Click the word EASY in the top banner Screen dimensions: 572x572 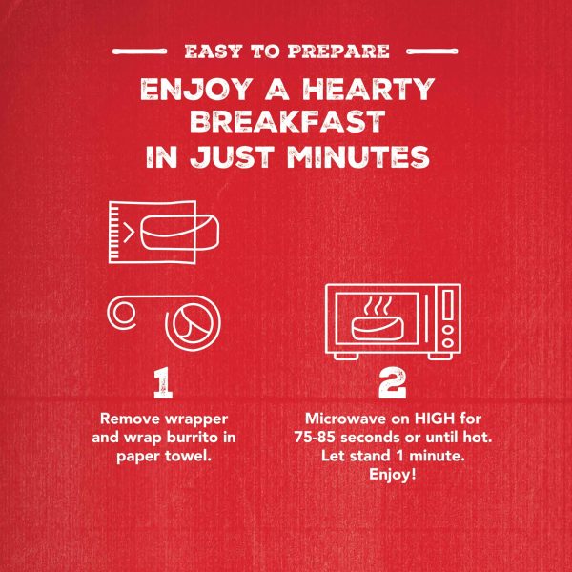click(214, 51)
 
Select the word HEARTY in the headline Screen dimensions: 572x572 click(369, 89)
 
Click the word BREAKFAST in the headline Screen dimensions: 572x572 click(288, 121)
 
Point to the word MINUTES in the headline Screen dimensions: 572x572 click(358, 157)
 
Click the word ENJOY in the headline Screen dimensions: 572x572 click(196, 89)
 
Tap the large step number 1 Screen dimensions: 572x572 click(163, 382)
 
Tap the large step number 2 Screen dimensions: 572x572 click(392, 382)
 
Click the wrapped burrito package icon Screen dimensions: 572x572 click(164, 232)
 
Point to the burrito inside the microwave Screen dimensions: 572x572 click(378, 328)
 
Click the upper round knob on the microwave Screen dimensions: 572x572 click(448, 330)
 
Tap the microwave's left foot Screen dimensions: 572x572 click(346, 356)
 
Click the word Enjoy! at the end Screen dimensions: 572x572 click(393, 475)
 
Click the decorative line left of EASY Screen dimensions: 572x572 click(140, 51)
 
